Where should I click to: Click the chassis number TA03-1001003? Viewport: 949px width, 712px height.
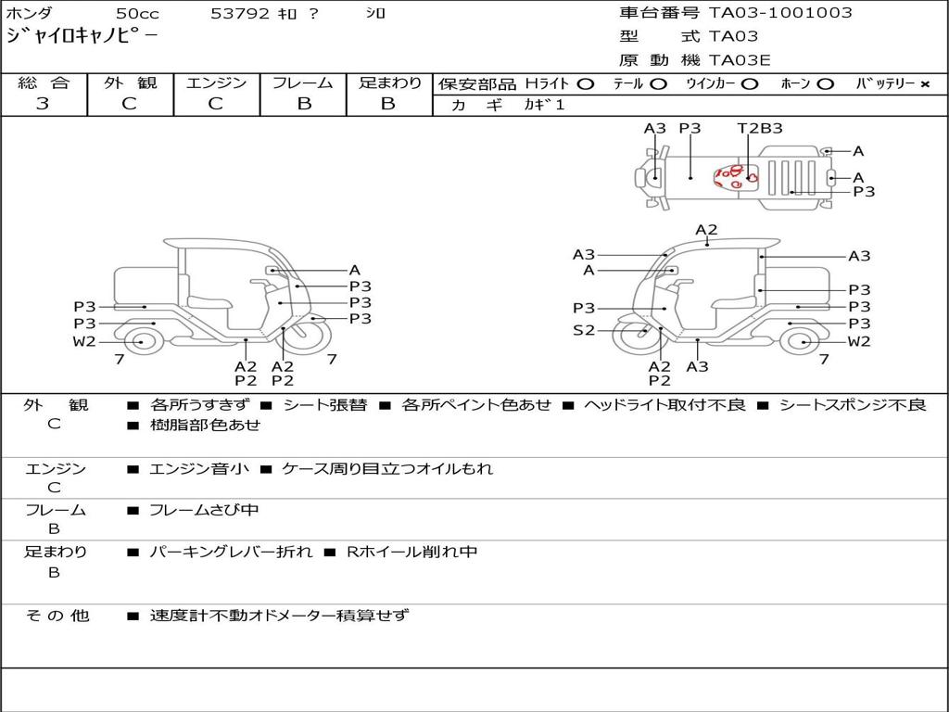coord(780,13)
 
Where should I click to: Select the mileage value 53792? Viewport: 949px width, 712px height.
coord(240,13)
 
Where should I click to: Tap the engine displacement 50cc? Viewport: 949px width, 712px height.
coord(137,13)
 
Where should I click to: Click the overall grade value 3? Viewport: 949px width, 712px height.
coord(43,104)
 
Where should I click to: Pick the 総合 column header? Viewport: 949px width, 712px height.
coord(44,83)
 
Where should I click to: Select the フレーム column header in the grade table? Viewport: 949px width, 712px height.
coord(303,83)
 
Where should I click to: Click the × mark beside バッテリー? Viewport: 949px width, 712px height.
coord(925,84)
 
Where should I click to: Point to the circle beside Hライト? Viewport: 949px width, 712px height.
coord(586,84)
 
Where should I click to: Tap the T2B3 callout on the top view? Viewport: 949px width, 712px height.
coord(760,128)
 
